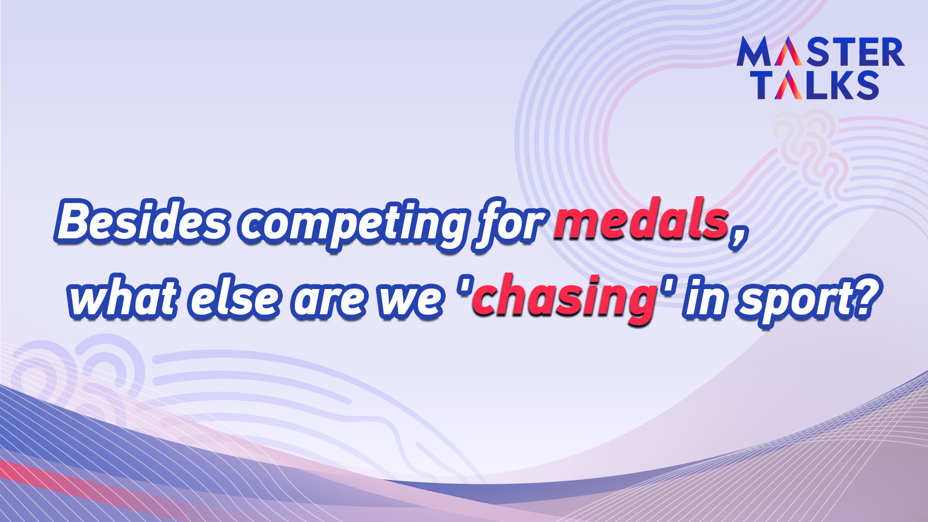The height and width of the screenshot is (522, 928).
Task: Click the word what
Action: click(x=123, y=296)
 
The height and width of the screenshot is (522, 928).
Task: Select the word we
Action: click(x=410, y=300)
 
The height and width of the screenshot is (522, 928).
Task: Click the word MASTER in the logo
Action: click(x=820, y=52)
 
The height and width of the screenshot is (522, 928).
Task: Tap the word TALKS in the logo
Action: click(x=817, y=85)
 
